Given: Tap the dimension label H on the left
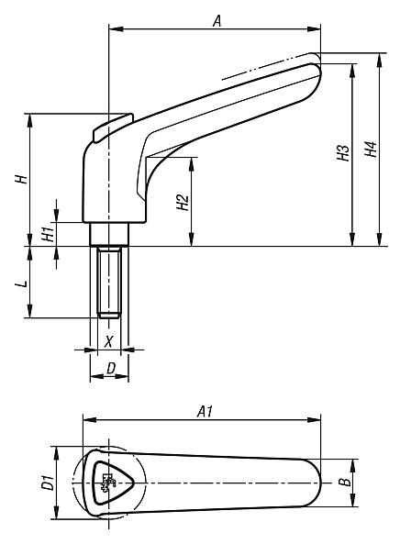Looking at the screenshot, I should tap(19, 180).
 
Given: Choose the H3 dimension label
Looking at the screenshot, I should tap(343, 153).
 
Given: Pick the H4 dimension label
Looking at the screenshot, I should tap(370, 149).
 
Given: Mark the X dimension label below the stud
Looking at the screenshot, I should tap(110, 340).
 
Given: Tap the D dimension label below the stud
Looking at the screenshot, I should tap(110, 369).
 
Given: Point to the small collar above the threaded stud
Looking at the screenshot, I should tap(109, 237).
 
